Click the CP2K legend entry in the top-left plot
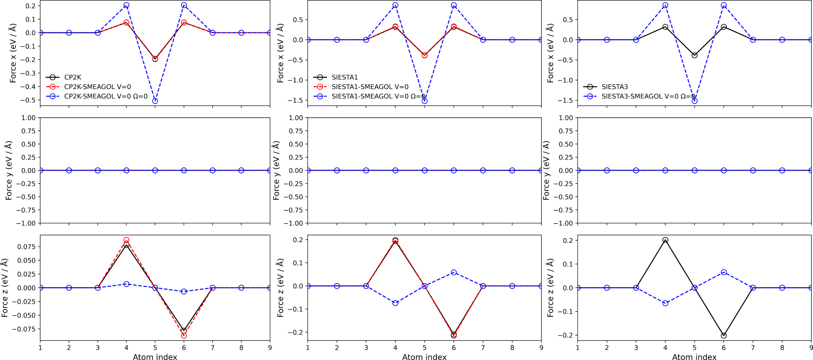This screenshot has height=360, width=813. click(73, 77)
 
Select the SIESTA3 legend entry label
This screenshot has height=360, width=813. click(615, 87)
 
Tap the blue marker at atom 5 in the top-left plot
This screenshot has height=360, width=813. click(155, 101)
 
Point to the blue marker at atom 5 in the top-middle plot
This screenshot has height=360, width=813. click(425, 101)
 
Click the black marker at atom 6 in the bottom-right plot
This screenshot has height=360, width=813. click(724, 336)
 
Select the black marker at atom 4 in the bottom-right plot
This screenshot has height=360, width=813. click(665, 240)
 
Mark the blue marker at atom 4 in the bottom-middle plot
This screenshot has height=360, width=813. click(395, 303)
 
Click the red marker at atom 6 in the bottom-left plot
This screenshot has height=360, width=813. click(184, 336)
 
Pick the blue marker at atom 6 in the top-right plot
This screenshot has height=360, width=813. click(724, 6)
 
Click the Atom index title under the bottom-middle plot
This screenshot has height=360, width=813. click(424, 357)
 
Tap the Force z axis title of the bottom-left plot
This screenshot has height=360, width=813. click(5, 287)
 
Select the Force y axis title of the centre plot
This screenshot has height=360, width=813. click(276, 171)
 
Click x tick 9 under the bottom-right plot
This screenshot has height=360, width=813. click(811, 348)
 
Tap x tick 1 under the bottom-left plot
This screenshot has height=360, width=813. click(40, 348)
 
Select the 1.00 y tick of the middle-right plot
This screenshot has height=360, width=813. click(566, 118)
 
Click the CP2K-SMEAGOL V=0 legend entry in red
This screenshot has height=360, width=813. click(98, 87)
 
